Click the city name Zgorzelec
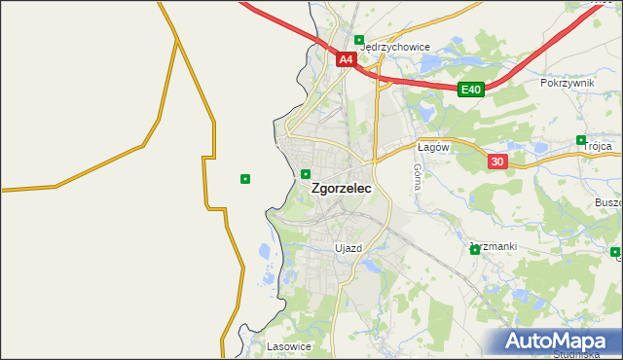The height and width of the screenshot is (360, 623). pos(340,191)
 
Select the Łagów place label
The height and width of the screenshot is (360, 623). pos(431,147)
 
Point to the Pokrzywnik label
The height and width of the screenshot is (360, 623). pos(567,84)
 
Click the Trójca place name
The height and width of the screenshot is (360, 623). pos(598,146)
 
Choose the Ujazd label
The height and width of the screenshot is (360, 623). pos(348,248)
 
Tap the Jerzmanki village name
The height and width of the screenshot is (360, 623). pos(495,246)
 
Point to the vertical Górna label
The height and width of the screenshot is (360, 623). pos(417,175)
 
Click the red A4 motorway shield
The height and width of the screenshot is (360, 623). pos(346,59)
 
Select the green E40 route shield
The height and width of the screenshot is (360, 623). pos(471,90)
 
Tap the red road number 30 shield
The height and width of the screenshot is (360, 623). pos(497,162)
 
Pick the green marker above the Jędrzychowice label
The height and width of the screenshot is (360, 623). pos(359,41)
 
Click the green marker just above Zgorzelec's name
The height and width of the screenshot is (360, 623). pos(306,174)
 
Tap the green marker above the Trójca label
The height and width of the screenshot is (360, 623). pos(581,139)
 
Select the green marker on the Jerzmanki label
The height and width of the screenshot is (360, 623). pos(475,250)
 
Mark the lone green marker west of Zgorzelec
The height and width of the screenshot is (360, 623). pos(245,178)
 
